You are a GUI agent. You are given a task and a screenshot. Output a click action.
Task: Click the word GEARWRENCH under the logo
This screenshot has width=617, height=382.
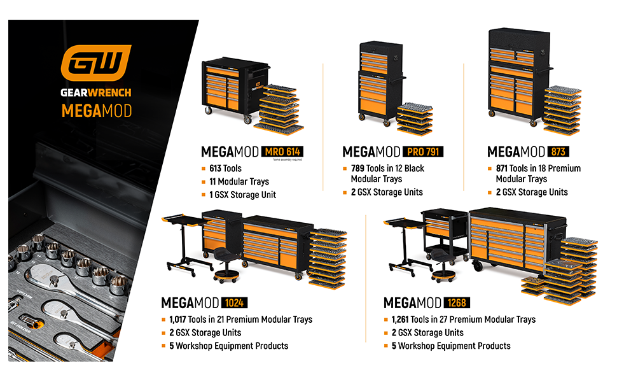[x=96, y=92]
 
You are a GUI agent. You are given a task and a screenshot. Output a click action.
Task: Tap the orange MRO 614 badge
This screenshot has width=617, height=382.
[x=281, y=152]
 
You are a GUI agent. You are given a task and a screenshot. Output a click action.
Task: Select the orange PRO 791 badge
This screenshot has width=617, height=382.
[x=422, y=152]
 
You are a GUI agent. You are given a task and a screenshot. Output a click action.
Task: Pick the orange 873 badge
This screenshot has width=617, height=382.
[x=558, y=152]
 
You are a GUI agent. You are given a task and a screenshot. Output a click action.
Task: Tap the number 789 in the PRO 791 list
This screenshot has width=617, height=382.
[x=359, y=169]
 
